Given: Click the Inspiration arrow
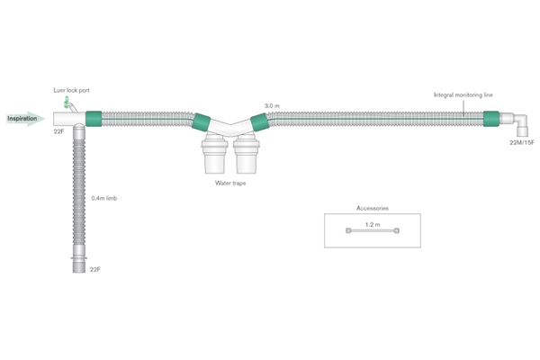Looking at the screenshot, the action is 26,119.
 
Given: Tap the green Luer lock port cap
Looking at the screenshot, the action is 67,102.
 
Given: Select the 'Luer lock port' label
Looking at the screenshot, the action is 71,90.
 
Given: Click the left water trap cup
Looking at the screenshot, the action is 214,154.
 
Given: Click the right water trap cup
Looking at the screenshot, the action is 247,154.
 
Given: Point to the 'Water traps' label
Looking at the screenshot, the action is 230,183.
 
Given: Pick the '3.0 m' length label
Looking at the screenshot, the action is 272,106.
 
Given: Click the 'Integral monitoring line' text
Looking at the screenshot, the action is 463,94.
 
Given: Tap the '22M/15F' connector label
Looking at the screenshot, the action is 522,142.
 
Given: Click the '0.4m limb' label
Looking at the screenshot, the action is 104,198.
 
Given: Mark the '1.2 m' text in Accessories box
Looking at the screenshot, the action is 373,225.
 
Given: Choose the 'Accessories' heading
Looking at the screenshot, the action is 373,208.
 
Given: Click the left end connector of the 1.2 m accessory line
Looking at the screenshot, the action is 348,230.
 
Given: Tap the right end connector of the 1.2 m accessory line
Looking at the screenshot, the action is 397,230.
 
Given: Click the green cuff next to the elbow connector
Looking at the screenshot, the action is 491,119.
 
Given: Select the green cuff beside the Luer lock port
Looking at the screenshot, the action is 94,119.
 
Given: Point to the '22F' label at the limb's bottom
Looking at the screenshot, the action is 95,269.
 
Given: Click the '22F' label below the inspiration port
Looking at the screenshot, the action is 58,131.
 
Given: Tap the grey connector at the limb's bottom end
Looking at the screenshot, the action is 79,265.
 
